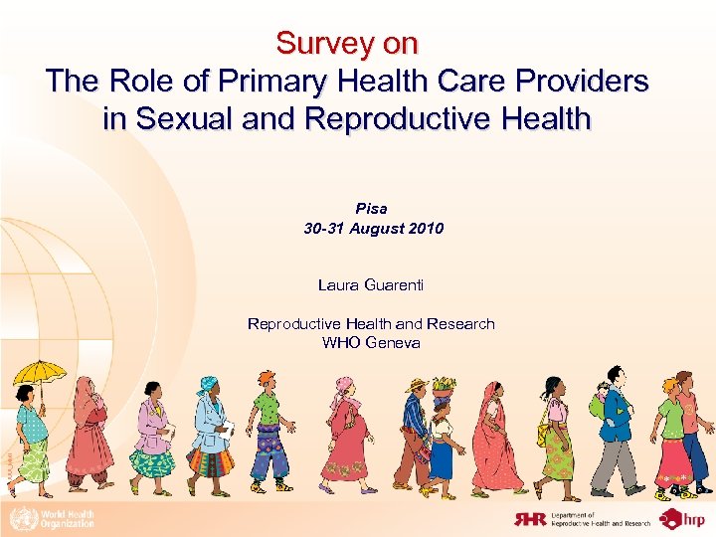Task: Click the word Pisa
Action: (x=372, y=209)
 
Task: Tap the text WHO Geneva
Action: (x=371, y=343)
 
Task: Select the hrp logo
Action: (x=684, y=518)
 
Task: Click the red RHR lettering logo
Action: (x=530, y=518)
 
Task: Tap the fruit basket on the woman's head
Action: (x=445, y=386)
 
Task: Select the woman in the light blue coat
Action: (x=212, y=433)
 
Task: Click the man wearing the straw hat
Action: (x=413, y=433)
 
